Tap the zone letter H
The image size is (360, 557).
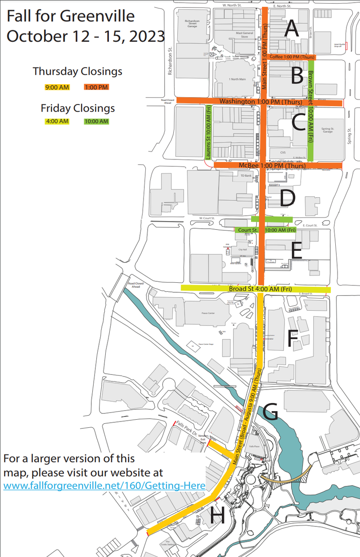point(217,515)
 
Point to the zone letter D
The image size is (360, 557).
point(288,197)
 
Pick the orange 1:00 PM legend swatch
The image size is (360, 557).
point(96,87)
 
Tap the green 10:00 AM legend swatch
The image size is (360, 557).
point(96,122)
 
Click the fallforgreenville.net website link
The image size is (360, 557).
point(104,486)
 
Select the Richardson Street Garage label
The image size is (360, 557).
point(192,23)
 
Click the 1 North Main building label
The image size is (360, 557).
point(237,79)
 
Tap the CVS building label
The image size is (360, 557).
point(283,153)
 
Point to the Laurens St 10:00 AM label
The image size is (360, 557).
point(208,132)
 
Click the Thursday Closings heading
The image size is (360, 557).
point(77,72)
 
